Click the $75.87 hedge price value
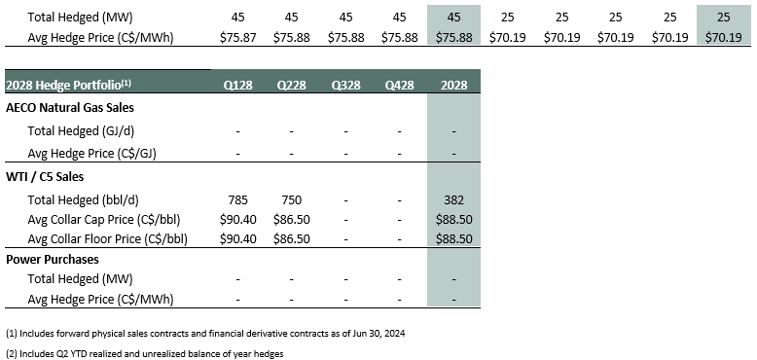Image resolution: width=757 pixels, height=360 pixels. (237, 38)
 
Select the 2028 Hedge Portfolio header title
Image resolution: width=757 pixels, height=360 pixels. (68, 85)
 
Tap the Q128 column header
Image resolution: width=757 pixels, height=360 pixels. (237, 85)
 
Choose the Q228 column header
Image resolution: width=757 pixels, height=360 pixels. (292, 85)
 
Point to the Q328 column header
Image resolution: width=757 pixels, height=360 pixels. (345, 85)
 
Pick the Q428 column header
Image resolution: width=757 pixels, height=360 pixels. (399, 85)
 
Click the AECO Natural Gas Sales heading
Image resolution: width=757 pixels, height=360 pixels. (69, 108)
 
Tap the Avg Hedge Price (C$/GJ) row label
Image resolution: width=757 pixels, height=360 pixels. (91, 154)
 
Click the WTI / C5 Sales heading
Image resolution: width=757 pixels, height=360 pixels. (45, 177)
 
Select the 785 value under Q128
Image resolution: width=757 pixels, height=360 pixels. (237, 199)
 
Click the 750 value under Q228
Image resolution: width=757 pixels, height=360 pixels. (292, 199)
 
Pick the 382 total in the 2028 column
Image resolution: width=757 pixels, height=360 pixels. (453, 199)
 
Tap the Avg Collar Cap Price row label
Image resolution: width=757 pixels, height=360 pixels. (104, 220)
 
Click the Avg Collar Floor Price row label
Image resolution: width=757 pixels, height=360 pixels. (108, 238)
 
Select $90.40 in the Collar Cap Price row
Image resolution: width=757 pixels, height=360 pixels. (237, 220)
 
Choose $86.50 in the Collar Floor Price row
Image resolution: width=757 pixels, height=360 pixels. (292, 238)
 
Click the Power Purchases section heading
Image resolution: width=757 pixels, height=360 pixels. (53, 259)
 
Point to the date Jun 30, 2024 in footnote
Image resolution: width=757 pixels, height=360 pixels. (382, 334)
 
